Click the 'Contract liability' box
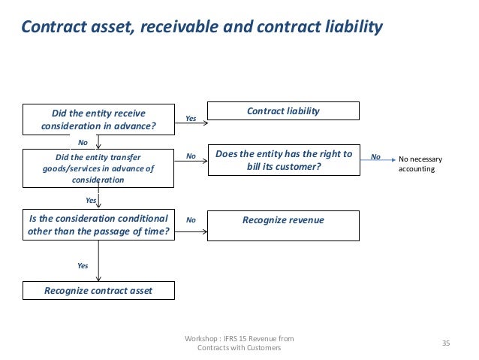tap(283, 111)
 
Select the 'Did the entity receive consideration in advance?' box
tap(99, 119)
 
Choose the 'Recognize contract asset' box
tap(99, 290)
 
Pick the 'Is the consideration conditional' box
tap(99, 225)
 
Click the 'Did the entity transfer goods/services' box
tap(99, 168)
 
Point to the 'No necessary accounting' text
tap(421, 164)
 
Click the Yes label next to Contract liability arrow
tap(191, 118)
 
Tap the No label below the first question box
tap(83, 141)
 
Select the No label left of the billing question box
tap(191, 156)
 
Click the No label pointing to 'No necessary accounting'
tap(376, 156)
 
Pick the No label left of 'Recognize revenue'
tap(191, 220)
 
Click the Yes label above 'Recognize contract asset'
tap(83, 265)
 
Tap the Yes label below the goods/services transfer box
tap(92, 201)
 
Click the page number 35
tap(446, 343)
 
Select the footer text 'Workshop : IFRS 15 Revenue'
tap(239, 339)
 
